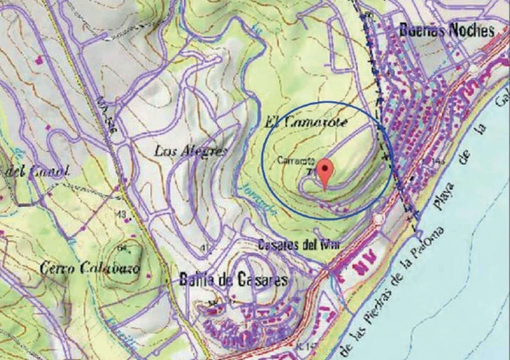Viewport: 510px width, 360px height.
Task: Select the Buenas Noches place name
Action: pos(446,31)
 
